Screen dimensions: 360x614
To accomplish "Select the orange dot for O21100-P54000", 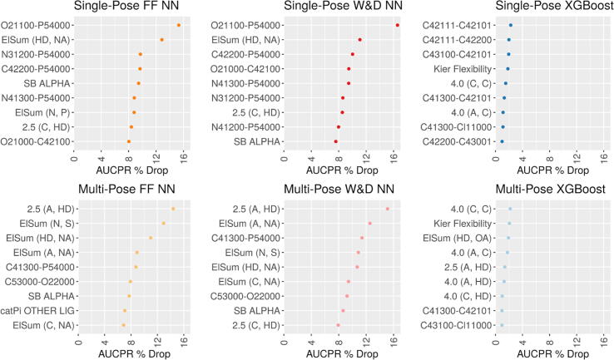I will click(x=179, y=25).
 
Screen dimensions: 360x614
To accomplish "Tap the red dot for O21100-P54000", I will click(x=398, y=25).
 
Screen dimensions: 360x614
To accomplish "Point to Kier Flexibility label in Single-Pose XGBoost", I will click(x=461, y=68).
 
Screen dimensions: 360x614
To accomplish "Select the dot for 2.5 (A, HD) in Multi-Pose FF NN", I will click(x=173, y=209).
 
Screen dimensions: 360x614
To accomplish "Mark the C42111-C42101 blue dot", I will click(x=511, y=25).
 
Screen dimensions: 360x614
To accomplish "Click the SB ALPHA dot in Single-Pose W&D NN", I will click(x=336, y=141).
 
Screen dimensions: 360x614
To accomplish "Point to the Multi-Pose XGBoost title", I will click(x=551, y=190).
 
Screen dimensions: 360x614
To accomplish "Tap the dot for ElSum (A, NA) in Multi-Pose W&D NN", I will click(x=370, y=223).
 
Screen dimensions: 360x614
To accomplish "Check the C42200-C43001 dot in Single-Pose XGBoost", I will click(x=502, y=141).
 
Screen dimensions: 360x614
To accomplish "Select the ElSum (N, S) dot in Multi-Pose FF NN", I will click(x=164, y=223).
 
